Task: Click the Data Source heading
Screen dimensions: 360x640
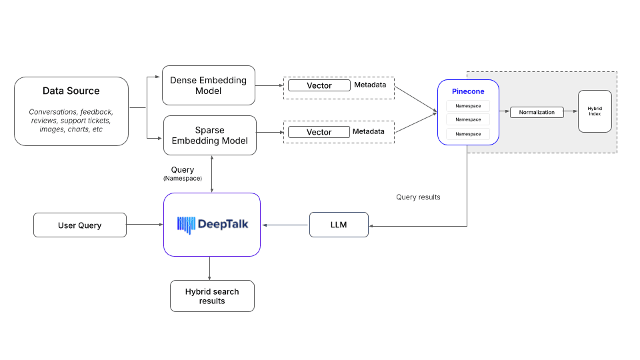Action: [x=71, y=91]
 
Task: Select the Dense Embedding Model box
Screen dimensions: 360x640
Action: [x=208, y=85]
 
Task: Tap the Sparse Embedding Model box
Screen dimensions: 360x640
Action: [x=209, y=135]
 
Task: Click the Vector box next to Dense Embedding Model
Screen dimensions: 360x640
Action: [x=319, y=85]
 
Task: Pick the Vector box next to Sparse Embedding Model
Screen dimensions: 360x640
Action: [x=319, y=132]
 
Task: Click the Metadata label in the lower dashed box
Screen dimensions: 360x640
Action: [x=369, y=131]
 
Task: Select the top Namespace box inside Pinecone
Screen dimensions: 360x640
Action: [x=467, y=106]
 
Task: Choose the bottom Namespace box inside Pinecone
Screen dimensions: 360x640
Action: [x=467, y=134]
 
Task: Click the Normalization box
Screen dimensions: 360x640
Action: [x=537, y=112]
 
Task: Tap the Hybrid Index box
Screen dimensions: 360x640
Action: [x=595, y=111]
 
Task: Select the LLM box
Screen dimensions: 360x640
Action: [x=339, y=225]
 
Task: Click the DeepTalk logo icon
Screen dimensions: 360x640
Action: [x=186, y=225]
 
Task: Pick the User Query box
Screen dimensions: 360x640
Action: [x=80, y=225]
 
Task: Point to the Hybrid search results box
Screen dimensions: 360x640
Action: [x=212, y=296]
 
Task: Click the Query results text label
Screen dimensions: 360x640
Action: [x=418, y=197]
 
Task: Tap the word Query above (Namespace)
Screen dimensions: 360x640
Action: [x=183, y=170]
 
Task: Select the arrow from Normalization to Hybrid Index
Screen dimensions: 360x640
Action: [x=571, y=112]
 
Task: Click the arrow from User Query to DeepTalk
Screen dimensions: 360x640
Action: [x=145, y=225]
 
